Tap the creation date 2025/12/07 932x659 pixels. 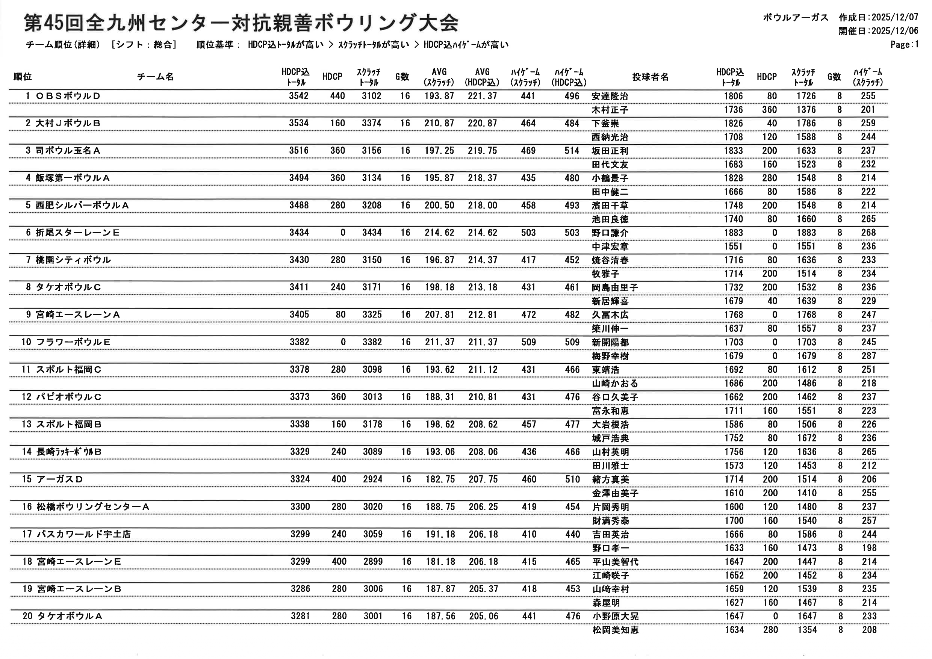tap(895, 17)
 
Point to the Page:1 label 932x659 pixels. tap(905, 45)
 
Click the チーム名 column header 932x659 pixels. tap(156, 77)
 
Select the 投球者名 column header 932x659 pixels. tap(650, 77)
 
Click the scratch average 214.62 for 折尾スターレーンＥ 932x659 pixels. tap(439, 233)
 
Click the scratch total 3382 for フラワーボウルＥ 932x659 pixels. tap(372, 342)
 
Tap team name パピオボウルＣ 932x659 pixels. tap(69, 397)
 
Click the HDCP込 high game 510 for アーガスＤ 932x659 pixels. tap(572, 479)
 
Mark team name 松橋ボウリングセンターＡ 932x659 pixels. tap(93, 507)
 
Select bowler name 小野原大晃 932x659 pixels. tap(615, 617)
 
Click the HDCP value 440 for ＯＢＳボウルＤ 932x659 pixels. tap(337, 96)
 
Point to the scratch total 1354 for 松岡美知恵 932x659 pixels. tap(806, 630)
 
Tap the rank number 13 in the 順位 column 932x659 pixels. tap(26, 425)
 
